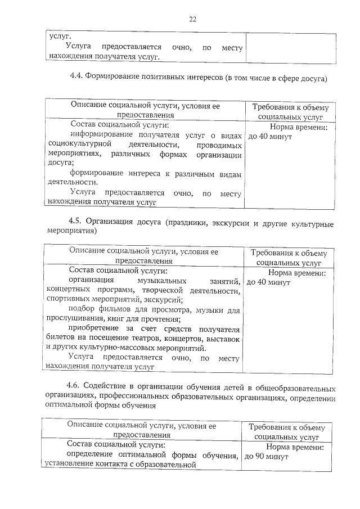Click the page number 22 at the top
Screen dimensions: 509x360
click(192, 19)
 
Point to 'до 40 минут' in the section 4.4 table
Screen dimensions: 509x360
click(269, 137)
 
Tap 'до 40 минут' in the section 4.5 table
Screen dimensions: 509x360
click(268, 282)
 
